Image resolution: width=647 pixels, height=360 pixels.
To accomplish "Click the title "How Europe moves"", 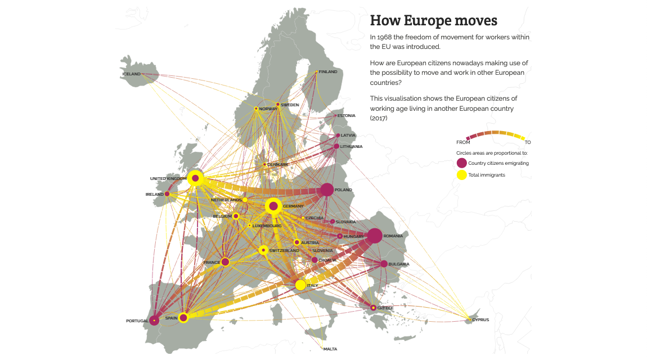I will coord(433,21).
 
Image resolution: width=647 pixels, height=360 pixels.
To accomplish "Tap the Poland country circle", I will coord(327,190).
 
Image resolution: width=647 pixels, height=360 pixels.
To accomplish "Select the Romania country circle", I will coord(375,236).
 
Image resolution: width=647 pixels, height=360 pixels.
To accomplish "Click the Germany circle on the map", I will coord(273,206).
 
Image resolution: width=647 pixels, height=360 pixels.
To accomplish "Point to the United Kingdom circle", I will coord(195,178).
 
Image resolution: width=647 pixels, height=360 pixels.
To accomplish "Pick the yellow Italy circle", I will coord(300,285).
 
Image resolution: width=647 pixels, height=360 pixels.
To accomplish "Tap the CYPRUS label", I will coord(480,320).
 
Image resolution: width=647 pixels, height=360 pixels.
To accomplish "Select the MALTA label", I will coord(330,349).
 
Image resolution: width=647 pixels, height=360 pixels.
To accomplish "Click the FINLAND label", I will coord(328,72).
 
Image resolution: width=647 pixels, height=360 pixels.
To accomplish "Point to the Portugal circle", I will coord(154,321).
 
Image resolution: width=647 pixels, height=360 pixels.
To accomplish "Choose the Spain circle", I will coord(183,318).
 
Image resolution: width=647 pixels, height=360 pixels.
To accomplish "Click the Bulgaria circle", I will coord(384,264).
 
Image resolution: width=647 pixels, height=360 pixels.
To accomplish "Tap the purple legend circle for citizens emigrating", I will coord(461,163).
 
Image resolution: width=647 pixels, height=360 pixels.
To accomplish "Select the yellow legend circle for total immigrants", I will coord(461,175).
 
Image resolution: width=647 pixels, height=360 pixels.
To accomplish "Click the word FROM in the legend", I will coord(463,142).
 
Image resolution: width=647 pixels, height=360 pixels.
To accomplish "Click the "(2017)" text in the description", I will coord(379,118).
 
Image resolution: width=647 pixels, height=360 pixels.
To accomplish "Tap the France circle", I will coord(225,262).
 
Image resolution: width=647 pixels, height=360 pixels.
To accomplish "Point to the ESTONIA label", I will coord(347,116).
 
